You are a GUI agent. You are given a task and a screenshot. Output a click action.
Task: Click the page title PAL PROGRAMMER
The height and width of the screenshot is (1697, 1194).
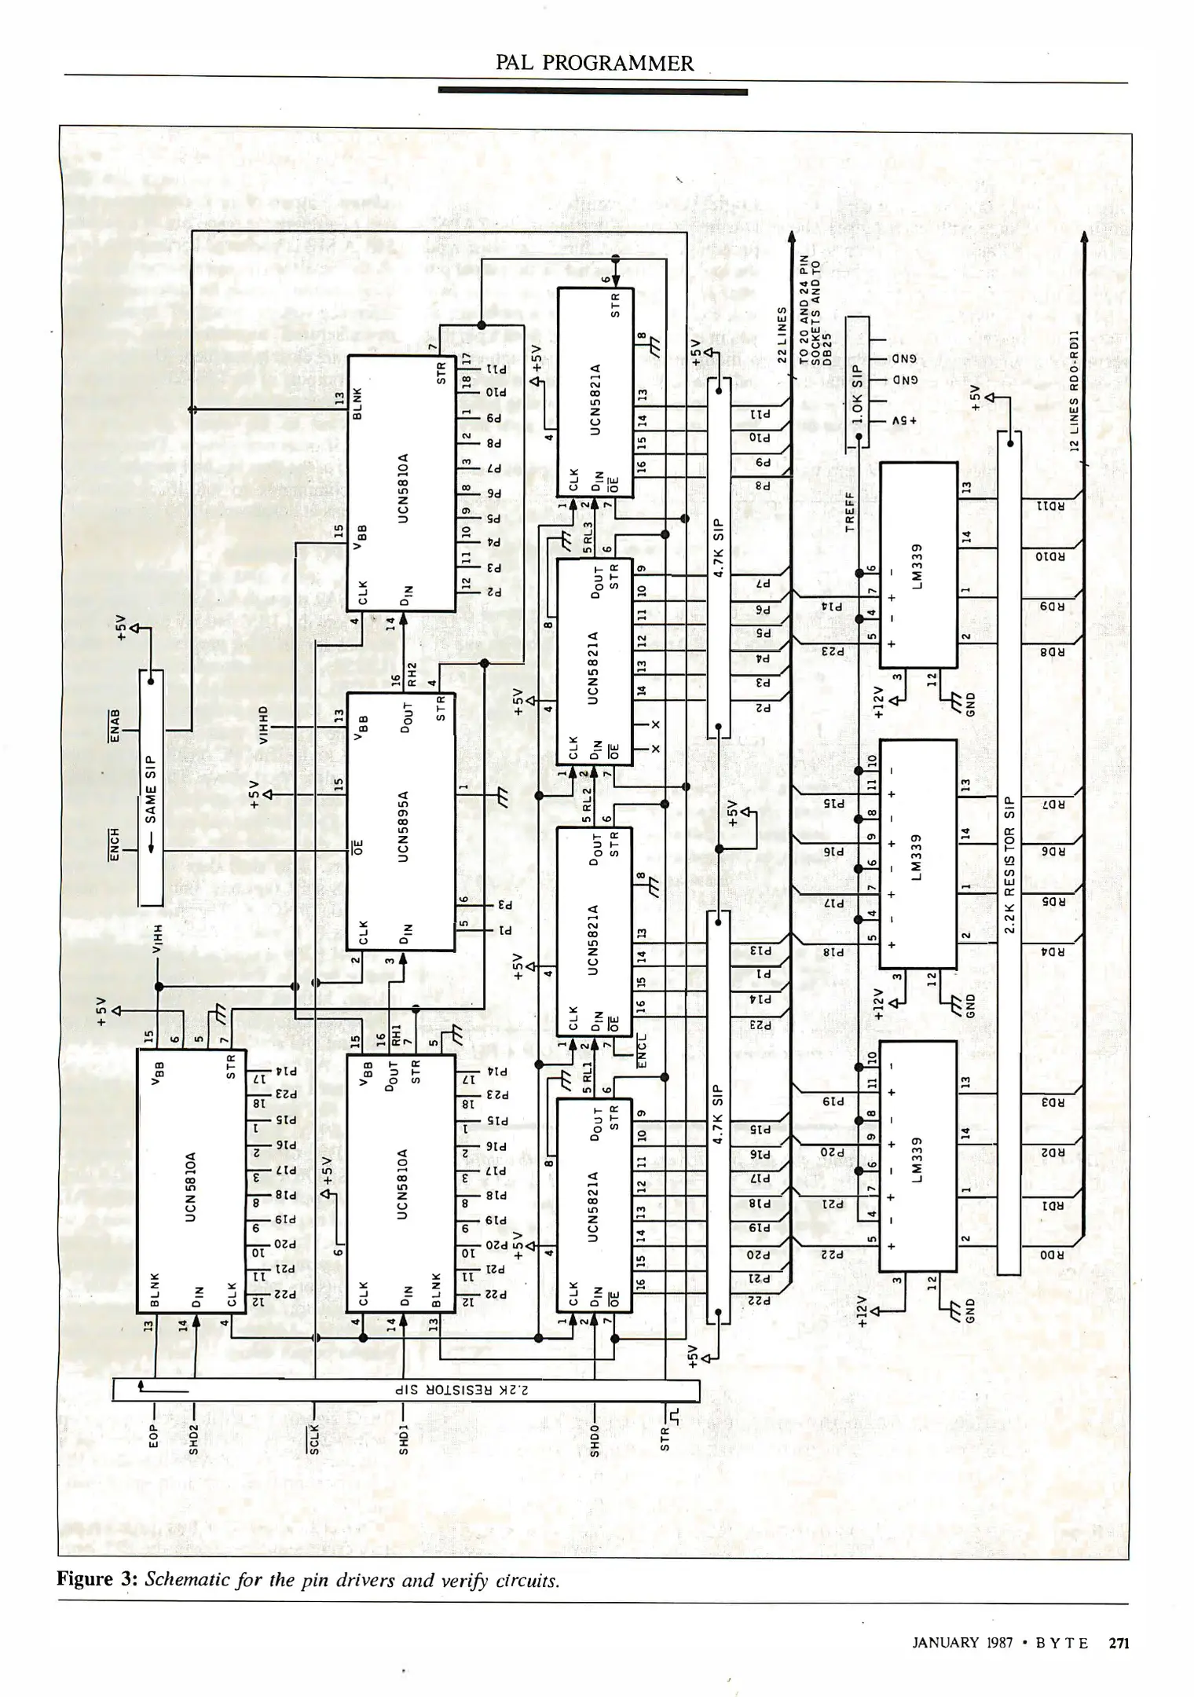click(x=595, y=64)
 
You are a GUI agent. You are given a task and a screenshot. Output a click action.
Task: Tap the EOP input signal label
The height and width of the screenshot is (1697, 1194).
click(x=154, y=1435)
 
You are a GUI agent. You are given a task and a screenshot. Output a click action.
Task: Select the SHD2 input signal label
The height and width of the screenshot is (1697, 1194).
click(x=193, y=1439)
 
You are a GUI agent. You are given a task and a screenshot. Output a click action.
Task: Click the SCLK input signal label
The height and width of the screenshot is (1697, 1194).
click(x=314, y=1439)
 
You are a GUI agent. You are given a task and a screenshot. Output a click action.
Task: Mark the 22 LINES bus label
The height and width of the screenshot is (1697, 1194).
click(x=782, y=333)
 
